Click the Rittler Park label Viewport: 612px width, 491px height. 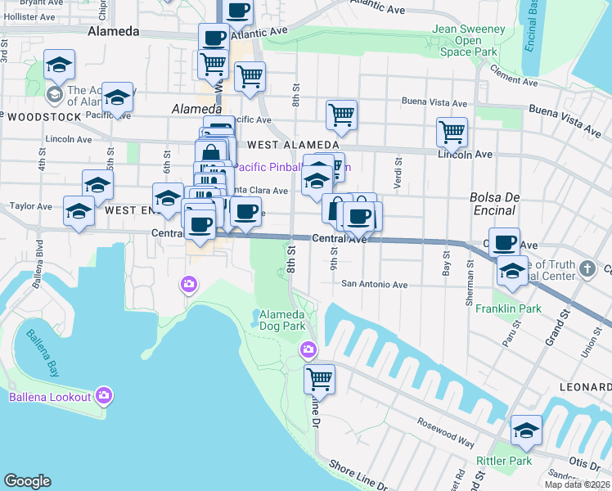510,461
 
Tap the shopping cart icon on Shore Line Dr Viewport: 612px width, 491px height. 318,379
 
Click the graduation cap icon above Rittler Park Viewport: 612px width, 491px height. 525,430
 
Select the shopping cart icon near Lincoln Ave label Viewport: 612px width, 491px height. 452,131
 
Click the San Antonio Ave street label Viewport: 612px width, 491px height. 374,285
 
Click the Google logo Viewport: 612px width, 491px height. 27,481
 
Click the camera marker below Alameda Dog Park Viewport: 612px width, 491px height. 308,349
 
